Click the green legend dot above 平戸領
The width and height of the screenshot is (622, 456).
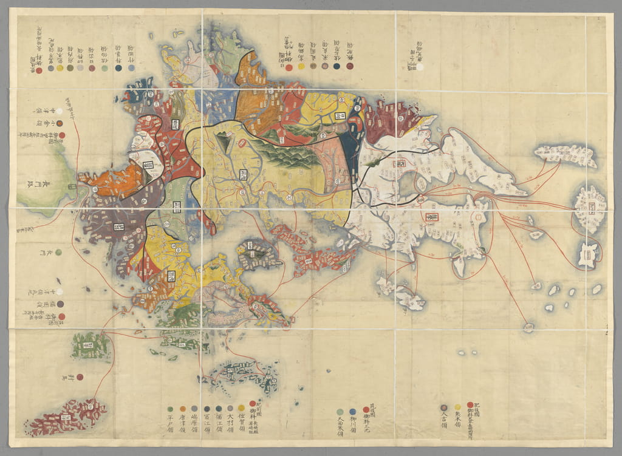click(x=170, y=409)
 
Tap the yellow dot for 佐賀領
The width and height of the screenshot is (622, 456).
click(x=241, y=409)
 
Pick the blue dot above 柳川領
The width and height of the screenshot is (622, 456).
click(x=353, y=411)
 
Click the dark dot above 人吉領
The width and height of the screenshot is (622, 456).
click(x=443, y=407)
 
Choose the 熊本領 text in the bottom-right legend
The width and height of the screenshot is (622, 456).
click(x=457, y=420)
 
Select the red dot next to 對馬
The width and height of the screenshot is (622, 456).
click(x=80, y=376)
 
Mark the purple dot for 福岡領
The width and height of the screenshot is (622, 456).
click(x=61, y=304)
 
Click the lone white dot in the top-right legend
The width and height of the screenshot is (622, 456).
click(x=420, y=68)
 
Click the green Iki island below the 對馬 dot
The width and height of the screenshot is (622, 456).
click(x=91, y=345)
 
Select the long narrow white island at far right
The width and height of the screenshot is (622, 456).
click(x=566, y=155)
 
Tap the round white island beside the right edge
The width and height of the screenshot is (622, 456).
click(x=590, y=209)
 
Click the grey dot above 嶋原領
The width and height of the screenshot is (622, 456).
click(x=194, y=409)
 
